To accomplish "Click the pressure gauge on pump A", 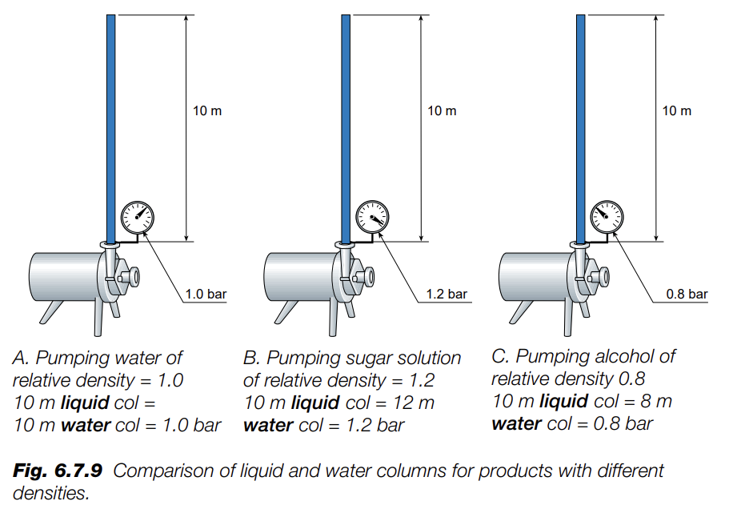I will (138, 216).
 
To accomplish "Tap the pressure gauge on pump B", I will (373, 216).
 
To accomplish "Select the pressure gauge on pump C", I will (607, 216).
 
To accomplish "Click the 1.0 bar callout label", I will (206, 295).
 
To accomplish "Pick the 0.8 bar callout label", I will (687, 295).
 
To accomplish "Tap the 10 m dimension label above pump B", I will (442, 110).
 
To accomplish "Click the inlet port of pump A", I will (129, 276).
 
